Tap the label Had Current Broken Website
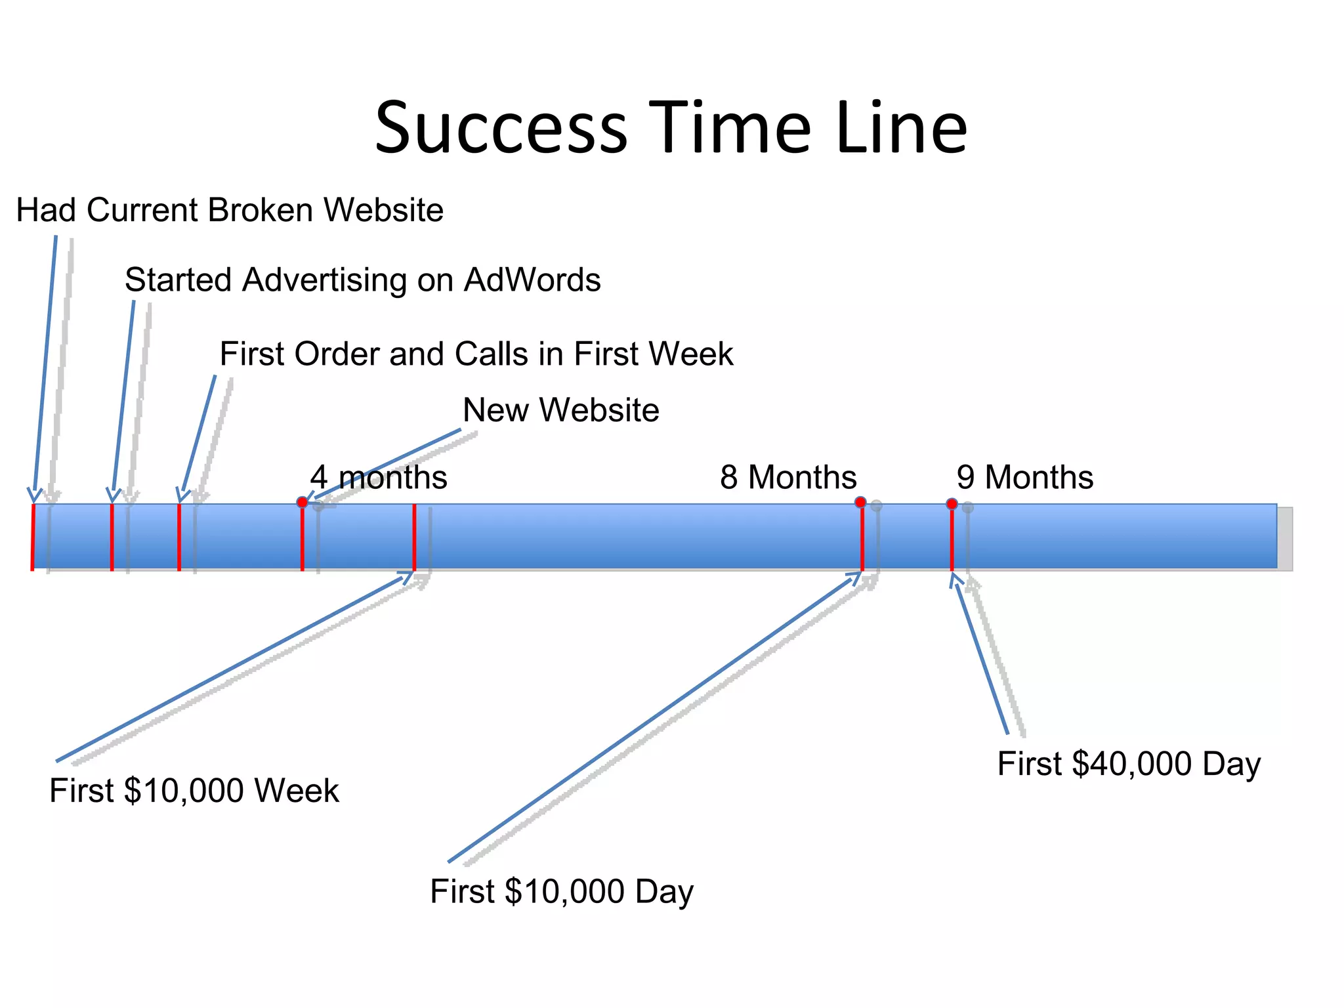pyautogui.click(x=230, y=210)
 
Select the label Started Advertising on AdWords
pyautogui.click(x=362, y=280)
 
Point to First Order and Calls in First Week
pyautogui.click(x=476, y=354)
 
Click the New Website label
pyautogui.click(x=560, y=410)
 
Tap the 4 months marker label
pyautogui.click(x=379, y=477)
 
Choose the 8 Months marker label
pyautogui.click(x=787, y=477)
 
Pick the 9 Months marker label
pyautogui.click(x=1024, y=477)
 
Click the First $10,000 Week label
pyautogui.click(x=194, y=790)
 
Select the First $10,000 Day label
pyautogui.click(x=562, y=891)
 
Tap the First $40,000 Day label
pyautogui.click(x=1129, y=764)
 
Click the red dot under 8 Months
pyautogui.click(x=860, y=502)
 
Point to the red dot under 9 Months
pyautogui.click(x=952, y=503)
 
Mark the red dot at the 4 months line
pyautogui.click(x=302, y=502)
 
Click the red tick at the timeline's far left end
pyautogui.click(x=33, y=537)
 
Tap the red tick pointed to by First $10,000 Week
pyautogui.click(x=414, y=537)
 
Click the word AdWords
pyautogui.click(x=532, y=280)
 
